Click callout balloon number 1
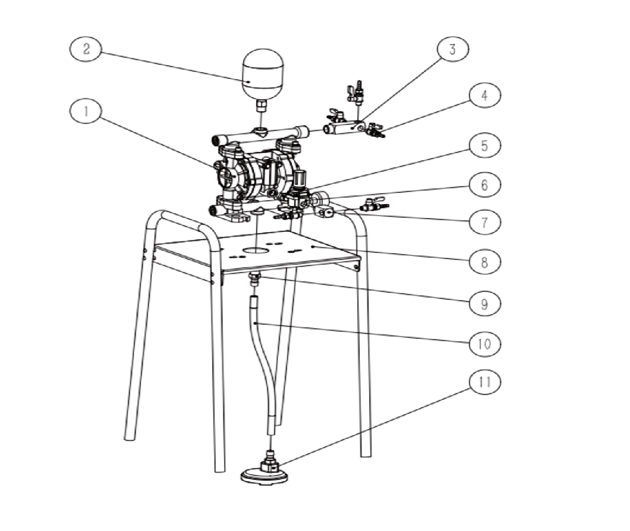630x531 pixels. [86, 111]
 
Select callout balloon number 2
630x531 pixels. [86, 49]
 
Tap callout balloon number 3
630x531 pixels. [453, 49]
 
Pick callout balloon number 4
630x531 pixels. [485, 95]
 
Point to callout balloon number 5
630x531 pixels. [485, 145]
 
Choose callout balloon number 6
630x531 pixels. [485, 184]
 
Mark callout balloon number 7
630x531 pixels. [485, 222]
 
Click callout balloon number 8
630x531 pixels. [485, 262]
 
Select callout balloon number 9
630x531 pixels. [485, 303]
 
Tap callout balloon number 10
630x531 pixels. [485, 344]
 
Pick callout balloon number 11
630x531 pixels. [485, 382]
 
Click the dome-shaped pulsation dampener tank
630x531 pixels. [263, 74]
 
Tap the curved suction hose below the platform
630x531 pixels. [263, 363]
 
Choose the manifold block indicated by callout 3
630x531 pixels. [344, 128]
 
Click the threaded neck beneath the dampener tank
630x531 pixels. [261, 106]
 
